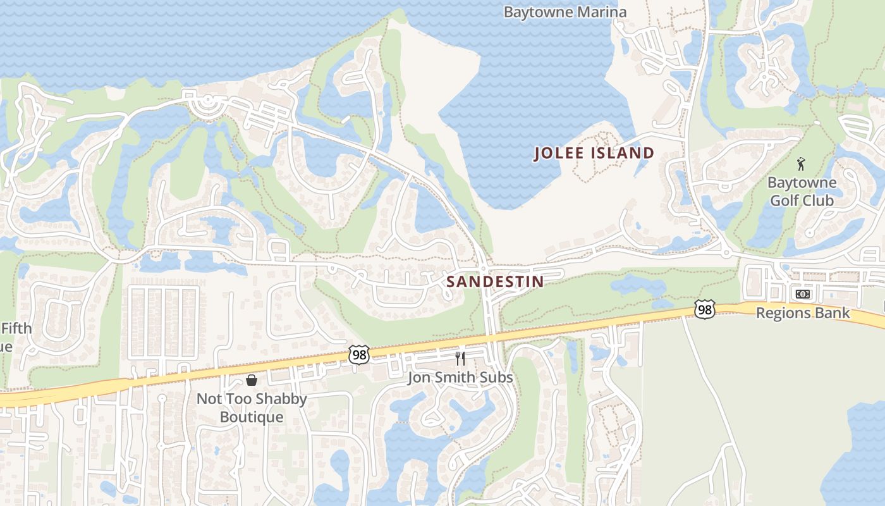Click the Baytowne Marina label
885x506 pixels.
pos(565,12)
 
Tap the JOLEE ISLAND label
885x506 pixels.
pos(594,153)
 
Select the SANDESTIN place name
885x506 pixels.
pos(495,281)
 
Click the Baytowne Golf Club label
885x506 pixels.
pos(802,192)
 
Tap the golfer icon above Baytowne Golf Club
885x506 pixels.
pos(802,164)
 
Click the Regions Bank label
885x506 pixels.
pos(803,313)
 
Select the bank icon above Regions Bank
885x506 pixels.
pos(802,294)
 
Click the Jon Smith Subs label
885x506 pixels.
pos(460,378)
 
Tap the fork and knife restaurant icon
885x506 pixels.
pos(460,359)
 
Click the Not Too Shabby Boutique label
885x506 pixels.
pos(252,408)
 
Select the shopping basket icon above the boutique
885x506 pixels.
pos(252,379)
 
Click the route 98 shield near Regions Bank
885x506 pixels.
pos(704,309)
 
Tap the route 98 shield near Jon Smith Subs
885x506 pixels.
pos(358,355)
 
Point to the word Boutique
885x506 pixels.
pos(252,417)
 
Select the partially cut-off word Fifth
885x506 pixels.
pos(15,328)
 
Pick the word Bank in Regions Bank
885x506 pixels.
pos(834,313)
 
